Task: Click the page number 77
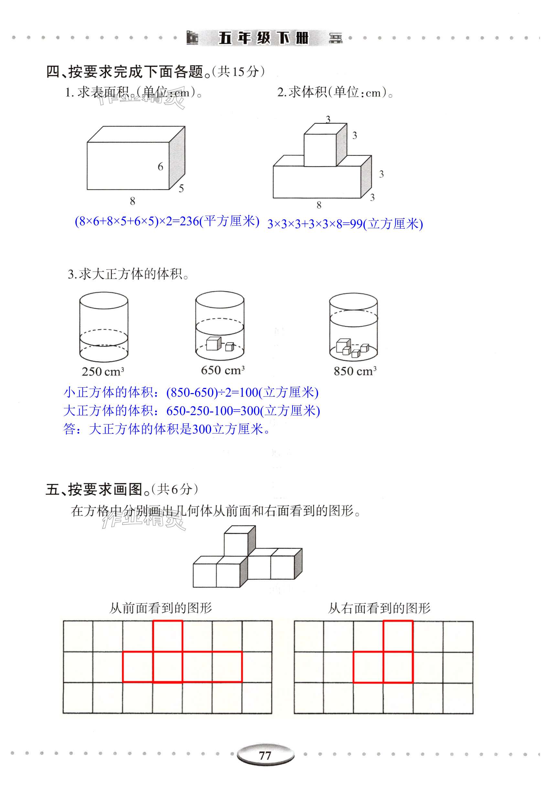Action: (x=265, y=755)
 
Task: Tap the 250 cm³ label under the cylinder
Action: (x=103, y=372)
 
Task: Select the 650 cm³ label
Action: (x=222, y=370)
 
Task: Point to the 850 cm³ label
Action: (x=355, y=371)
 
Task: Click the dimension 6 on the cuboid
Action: (x=160, y=167)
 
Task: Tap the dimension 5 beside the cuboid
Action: (x=181, y=188)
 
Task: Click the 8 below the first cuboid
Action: (x=133, y=201)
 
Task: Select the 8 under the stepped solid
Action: (x=319, y=205)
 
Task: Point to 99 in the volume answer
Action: (x=356, y=224)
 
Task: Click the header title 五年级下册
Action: (x=264, y=38)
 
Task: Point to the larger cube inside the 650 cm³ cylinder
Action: (x=213, y=344)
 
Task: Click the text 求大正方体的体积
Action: (x=131, y=274)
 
